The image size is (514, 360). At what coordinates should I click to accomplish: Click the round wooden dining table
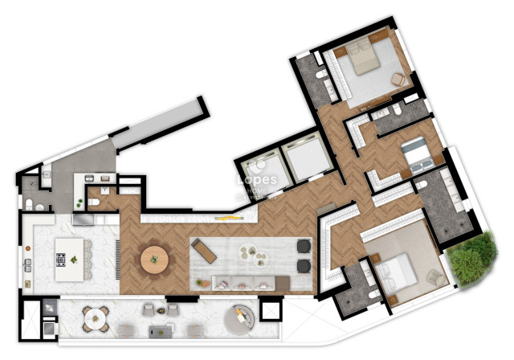pyautogui.click(x=154, y=260)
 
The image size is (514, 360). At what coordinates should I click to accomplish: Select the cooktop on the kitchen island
pyautogui.click(x=61, y=259)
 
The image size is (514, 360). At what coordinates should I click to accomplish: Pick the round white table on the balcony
pyautogui.click(x=96, y=316)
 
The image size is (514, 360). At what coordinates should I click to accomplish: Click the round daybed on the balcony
pyautogui.click(x=239, y=319)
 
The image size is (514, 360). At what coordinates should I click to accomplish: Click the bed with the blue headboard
pyautogui.click(x=415, y=151)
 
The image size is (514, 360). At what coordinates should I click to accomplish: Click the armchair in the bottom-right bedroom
pyautogui.click(x=434, y=277)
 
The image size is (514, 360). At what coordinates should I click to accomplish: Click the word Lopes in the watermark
pyautogui.click(x=257, y=182)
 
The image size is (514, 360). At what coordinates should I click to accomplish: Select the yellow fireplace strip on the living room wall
pyautogui.click(x=226, y=218)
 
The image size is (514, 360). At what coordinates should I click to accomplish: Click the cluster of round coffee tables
pyautogui.click(x=256, y=256)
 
